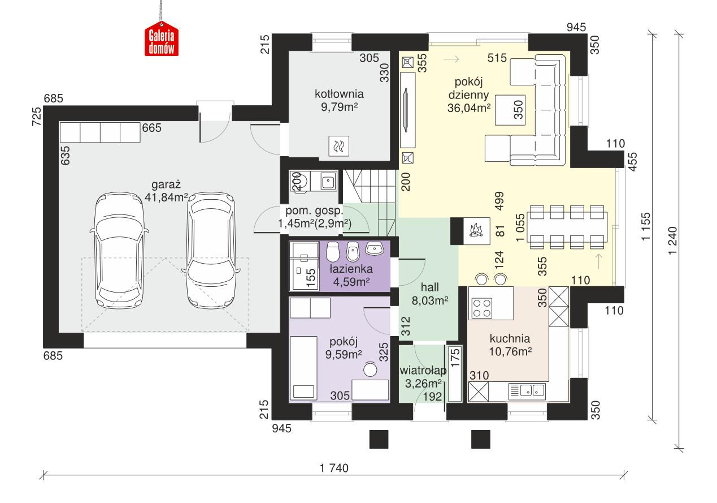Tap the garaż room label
166,190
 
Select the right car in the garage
211,249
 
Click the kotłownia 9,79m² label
339,100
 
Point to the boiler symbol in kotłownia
338,147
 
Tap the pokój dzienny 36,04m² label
468,94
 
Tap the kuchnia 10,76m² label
510,345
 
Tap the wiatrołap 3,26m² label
423,377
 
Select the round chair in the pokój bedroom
370,369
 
